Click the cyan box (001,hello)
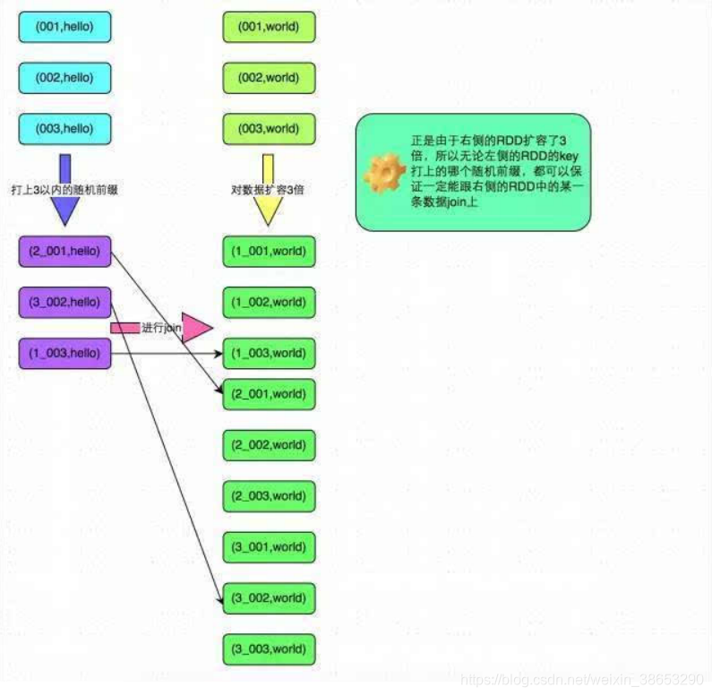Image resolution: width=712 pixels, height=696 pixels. tap(64, 28)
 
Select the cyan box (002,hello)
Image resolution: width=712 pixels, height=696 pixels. tap(64, 79)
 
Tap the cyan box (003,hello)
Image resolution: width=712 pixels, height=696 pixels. tap(64, 129)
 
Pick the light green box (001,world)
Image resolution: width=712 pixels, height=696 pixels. tap(269, 28)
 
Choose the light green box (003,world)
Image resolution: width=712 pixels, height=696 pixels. tap(269, 129)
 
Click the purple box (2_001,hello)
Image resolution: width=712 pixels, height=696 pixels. tap(64, 252)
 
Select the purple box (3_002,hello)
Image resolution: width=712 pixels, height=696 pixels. tap(64, 303)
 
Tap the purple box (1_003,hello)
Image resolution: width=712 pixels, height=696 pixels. tap(64, 354)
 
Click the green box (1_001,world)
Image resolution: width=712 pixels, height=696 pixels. tap(269, 252)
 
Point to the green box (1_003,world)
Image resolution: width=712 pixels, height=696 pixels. tap(269, 354)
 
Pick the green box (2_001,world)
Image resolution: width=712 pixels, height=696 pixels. tap(269, 394)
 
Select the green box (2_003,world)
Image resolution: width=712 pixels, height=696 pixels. tap(269, 496)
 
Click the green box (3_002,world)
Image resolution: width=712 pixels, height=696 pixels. tap(269, 597)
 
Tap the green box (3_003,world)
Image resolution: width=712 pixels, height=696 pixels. tap(269, 649)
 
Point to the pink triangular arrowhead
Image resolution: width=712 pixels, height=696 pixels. tap(195, 328)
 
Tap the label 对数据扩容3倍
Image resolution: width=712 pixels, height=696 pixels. tap(267, 190)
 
